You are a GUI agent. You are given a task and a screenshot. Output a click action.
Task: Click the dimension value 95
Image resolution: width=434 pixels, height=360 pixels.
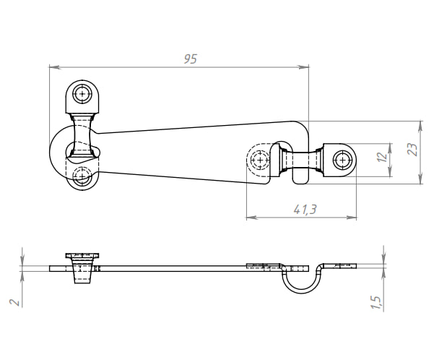(190, 59)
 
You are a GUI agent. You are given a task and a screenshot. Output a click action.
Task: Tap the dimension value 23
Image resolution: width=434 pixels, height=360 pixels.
(412, 150)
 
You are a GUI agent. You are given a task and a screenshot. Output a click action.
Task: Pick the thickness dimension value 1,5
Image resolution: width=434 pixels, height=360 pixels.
(376, 299)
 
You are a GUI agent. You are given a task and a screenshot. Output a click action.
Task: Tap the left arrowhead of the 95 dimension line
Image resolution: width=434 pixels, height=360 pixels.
(52, 67)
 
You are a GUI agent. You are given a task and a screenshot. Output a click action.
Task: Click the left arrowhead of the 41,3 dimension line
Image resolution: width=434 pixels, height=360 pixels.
(249, 217)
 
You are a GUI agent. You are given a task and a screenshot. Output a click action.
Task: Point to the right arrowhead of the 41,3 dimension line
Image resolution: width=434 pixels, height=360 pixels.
(354, 217)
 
